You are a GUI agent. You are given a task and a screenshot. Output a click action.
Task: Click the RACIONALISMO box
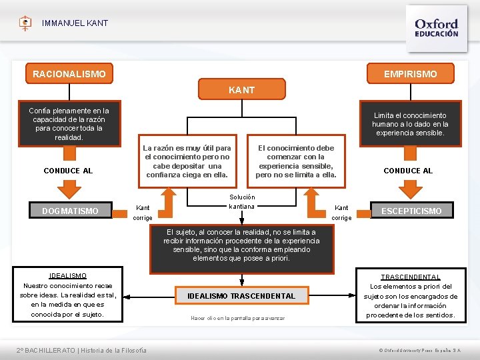69,74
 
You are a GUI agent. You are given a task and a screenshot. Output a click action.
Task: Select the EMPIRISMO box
410,74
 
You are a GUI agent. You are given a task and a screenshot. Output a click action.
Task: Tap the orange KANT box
241,89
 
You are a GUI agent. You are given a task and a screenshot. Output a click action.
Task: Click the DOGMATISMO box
70,211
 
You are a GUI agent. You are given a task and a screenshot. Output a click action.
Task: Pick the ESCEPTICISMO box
411,211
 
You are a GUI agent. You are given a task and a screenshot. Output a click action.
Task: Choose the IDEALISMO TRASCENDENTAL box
241,295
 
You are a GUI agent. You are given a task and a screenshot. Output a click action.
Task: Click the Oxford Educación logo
436,28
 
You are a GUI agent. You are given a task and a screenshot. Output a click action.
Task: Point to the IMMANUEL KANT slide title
75,23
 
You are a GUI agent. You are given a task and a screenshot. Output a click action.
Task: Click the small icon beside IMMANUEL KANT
25,23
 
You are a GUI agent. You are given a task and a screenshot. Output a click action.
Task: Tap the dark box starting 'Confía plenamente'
69,124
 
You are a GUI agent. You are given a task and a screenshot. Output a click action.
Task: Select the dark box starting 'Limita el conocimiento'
410,124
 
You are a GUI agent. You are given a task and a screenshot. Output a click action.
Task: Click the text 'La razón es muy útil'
187,161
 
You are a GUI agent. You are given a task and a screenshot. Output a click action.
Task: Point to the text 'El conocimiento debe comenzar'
296,161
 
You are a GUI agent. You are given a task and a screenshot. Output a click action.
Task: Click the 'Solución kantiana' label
241,201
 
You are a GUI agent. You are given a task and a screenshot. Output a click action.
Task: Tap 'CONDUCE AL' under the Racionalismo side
68,171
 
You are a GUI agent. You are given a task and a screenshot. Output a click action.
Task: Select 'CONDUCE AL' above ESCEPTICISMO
408,171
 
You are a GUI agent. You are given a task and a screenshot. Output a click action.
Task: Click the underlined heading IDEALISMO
67,275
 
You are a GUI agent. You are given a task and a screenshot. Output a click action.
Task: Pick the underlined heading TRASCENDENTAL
411,277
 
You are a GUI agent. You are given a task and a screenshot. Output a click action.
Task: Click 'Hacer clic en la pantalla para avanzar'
237,318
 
